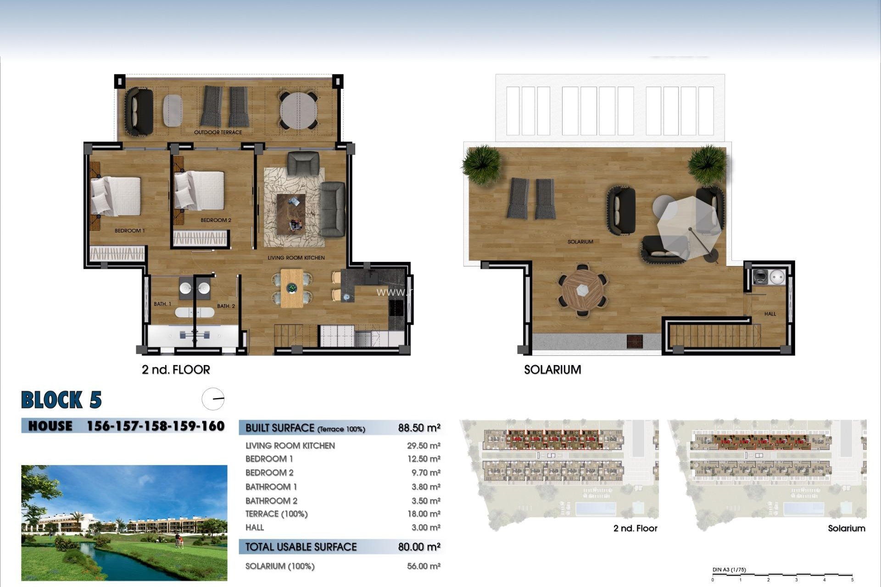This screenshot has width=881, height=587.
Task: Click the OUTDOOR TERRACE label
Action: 217,133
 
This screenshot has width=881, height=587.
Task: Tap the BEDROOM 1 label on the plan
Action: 129,231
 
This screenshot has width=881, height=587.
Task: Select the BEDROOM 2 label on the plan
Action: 216,220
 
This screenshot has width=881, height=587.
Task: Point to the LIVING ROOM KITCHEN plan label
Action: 296,258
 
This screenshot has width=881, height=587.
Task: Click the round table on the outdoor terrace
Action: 298,111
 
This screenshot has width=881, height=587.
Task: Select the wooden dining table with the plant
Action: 292,288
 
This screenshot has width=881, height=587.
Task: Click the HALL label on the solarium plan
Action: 770,314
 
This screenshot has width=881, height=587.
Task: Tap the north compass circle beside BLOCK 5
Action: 213,399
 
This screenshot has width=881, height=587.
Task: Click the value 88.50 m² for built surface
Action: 419,428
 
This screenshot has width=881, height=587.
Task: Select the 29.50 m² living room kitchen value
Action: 423,446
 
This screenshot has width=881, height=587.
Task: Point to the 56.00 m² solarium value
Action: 423,566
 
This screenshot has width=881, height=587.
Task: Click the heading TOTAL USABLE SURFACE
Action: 301,547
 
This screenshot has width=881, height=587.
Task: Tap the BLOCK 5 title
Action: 61,400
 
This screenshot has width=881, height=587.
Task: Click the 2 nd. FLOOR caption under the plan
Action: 176,370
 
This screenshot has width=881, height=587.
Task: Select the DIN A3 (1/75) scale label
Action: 729,570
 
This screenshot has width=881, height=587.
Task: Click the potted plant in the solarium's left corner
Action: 482,164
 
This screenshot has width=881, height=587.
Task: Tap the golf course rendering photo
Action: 124,523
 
